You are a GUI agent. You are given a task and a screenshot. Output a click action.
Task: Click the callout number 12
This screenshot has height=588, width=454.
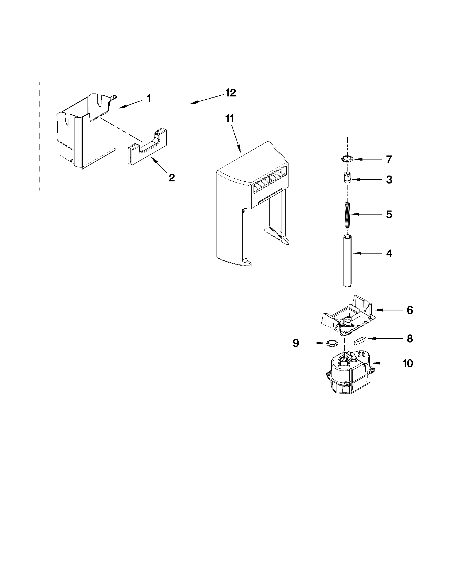(231, 93)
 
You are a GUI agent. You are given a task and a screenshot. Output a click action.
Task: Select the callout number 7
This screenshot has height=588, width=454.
(389, 160)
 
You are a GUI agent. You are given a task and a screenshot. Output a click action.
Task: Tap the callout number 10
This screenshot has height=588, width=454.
(408, 364)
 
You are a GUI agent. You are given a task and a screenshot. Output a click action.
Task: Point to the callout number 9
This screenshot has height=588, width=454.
(295, 343)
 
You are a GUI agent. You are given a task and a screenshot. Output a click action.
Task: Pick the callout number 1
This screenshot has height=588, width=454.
(149, 99)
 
